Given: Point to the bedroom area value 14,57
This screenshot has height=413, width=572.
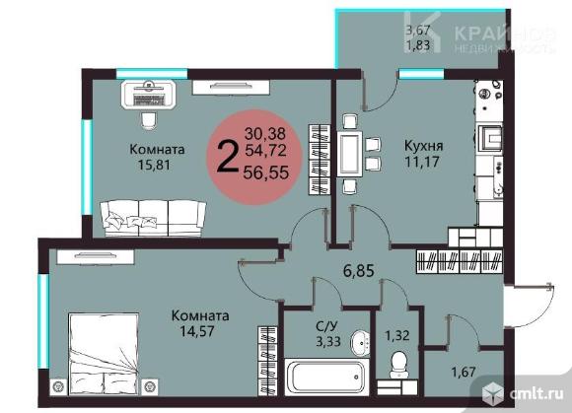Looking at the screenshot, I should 199,332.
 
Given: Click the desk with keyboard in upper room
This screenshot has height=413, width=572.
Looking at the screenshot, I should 149,95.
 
